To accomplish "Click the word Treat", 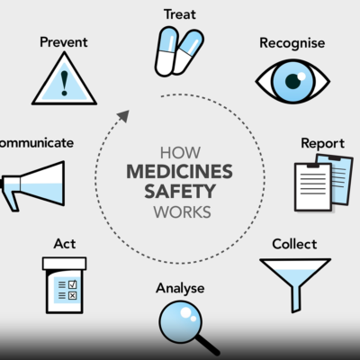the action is [180, 14].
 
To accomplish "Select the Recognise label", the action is [292, 43].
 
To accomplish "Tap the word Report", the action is [323, 144].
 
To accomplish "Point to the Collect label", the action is [294, 244].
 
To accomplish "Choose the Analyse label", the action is [180, 288].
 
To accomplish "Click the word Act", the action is [65, 244].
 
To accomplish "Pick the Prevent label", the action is [64, 42].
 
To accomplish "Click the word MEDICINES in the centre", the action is [179, 172].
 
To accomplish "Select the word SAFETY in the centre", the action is [180, 192].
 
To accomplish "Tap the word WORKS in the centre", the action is [183, 212].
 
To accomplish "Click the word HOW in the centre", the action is [180, 153].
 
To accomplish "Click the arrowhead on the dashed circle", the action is [123, 115].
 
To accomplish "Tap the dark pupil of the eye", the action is [292, 81].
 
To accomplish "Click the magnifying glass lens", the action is [180, 321].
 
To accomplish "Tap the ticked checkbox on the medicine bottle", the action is [72, 284].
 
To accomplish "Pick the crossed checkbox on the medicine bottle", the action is [72, 296].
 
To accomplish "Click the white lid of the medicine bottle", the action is [65, 263].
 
